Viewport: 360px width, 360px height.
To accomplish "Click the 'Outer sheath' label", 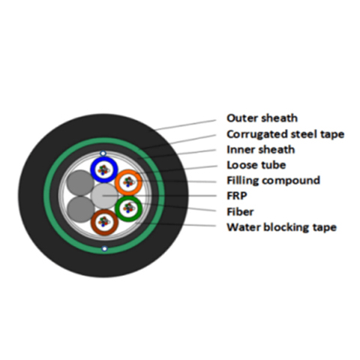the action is [x=262, y=118].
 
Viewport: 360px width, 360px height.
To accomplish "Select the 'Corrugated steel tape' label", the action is [x=286, y=134].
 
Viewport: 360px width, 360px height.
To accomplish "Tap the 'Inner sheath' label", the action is [x=261, y=150].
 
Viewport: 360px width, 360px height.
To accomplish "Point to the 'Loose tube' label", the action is [x=256, y=165].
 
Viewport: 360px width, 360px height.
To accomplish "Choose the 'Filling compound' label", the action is [x=273, y=181].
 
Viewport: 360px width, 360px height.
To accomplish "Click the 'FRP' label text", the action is [x=237, y=196].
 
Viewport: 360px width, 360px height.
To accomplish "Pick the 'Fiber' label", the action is [x=240, y=211].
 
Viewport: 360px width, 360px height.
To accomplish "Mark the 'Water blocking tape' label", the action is [x=281, y=227].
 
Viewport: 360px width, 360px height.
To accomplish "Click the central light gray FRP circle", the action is [x=104, y=196].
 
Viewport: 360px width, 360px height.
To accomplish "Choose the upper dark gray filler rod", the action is [x=80, y=183].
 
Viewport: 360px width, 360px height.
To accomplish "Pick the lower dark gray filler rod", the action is [x=80, y=209].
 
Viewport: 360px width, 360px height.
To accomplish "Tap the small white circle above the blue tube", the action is [x=103, y=153].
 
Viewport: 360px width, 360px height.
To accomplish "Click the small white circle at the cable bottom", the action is [x=104, y=249].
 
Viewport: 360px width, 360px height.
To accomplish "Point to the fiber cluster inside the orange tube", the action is [x=129, y=181].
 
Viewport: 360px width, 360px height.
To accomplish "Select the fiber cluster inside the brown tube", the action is [x=104, y=221].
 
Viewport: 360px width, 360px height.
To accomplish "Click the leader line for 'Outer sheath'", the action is [x=185, y=125].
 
